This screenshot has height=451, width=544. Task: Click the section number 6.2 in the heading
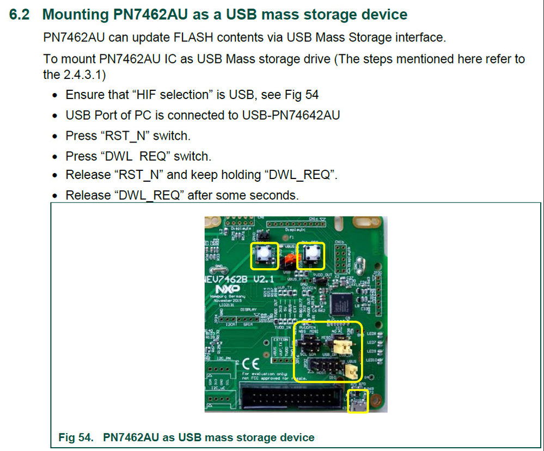[x=20, y=14]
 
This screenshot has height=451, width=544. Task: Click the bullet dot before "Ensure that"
[x=55, y=96]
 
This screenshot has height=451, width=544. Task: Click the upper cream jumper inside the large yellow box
[x=344, y=345]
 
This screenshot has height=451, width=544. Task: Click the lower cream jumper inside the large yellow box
[x=352, y=372]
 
